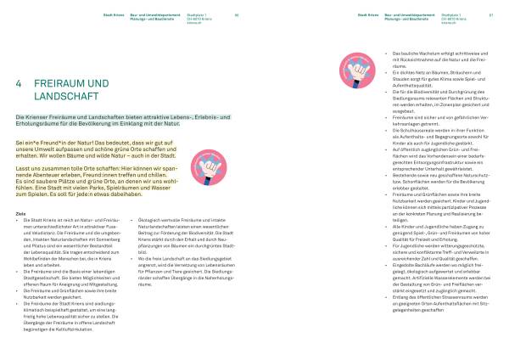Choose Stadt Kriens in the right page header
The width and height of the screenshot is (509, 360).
coord(367,14)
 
